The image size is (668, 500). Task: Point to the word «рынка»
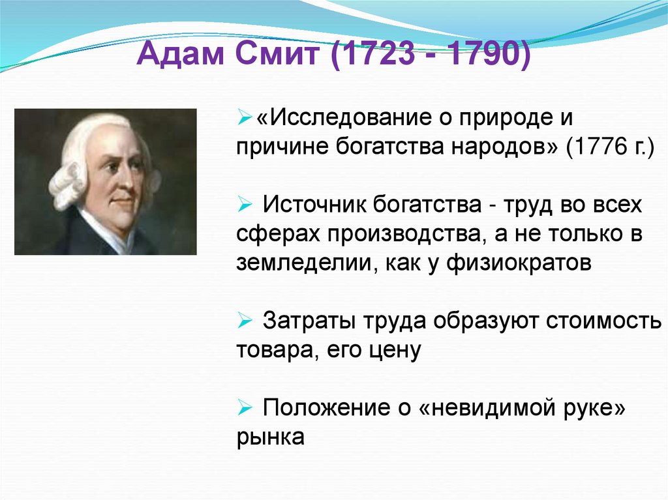[270, 437]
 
